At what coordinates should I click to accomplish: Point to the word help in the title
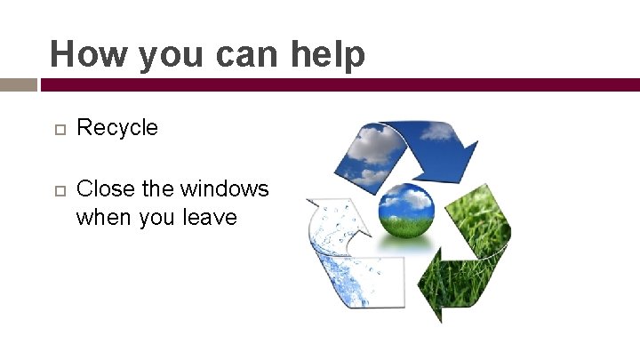326,55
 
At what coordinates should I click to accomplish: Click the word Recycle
117,128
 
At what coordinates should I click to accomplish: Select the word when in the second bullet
101,217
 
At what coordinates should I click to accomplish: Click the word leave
210,217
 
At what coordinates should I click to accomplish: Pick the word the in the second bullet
157,189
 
